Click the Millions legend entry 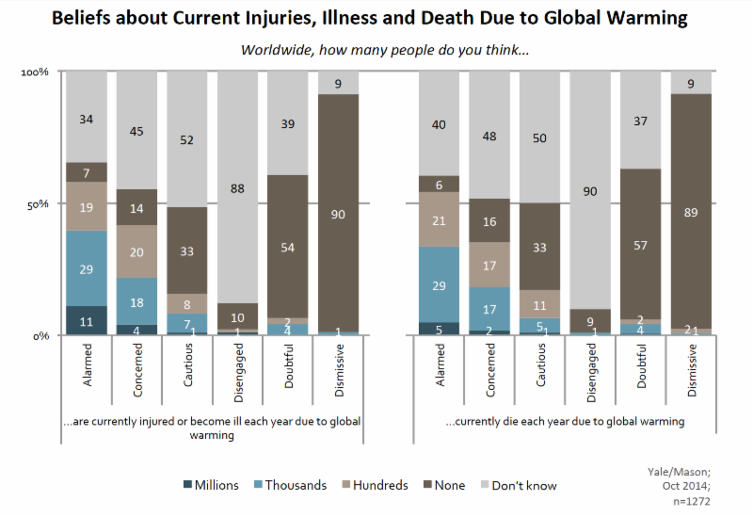[211, 485]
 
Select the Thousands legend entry [290, 485]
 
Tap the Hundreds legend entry [375, 485]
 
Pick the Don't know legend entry [519, 485]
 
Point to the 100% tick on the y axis [35, 73]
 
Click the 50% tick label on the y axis [38, 204]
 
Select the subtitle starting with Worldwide [385, 50]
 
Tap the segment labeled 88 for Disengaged [237, 187]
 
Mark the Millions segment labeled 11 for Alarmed [87, 320]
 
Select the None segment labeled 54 [288, 247]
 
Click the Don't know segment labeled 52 [186, 139]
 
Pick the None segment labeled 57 [640, 244]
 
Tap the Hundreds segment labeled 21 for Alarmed [439, 219]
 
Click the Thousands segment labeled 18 [136, 301]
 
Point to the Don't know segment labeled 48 [489, 135]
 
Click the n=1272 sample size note [692, 501]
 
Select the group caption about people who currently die [565, 421]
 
